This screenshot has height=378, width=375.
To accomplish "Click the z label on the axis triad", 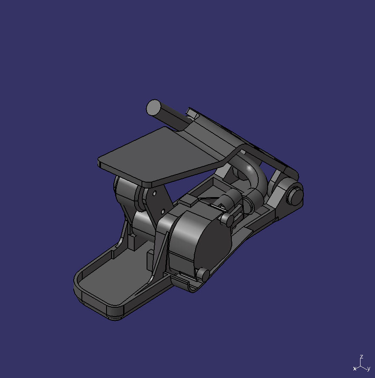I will tap(361, 356).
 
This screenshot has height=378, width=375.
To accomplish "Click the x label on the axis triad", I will tap(355, 369).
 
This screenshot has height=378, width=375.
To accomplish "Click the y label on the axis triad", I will tap(369, 369).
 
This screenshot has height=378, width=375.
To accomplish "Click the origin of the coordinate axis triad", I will tap(361, 365).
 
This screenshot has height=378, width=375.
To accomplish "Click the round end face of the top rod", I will tap(153, 107).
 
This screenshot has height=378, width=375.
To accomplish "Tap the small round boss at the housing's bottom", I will tap(203, 274).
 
